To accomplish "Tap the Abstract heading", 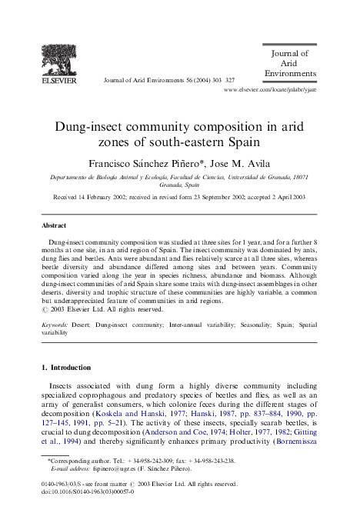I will coord(55,226).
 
